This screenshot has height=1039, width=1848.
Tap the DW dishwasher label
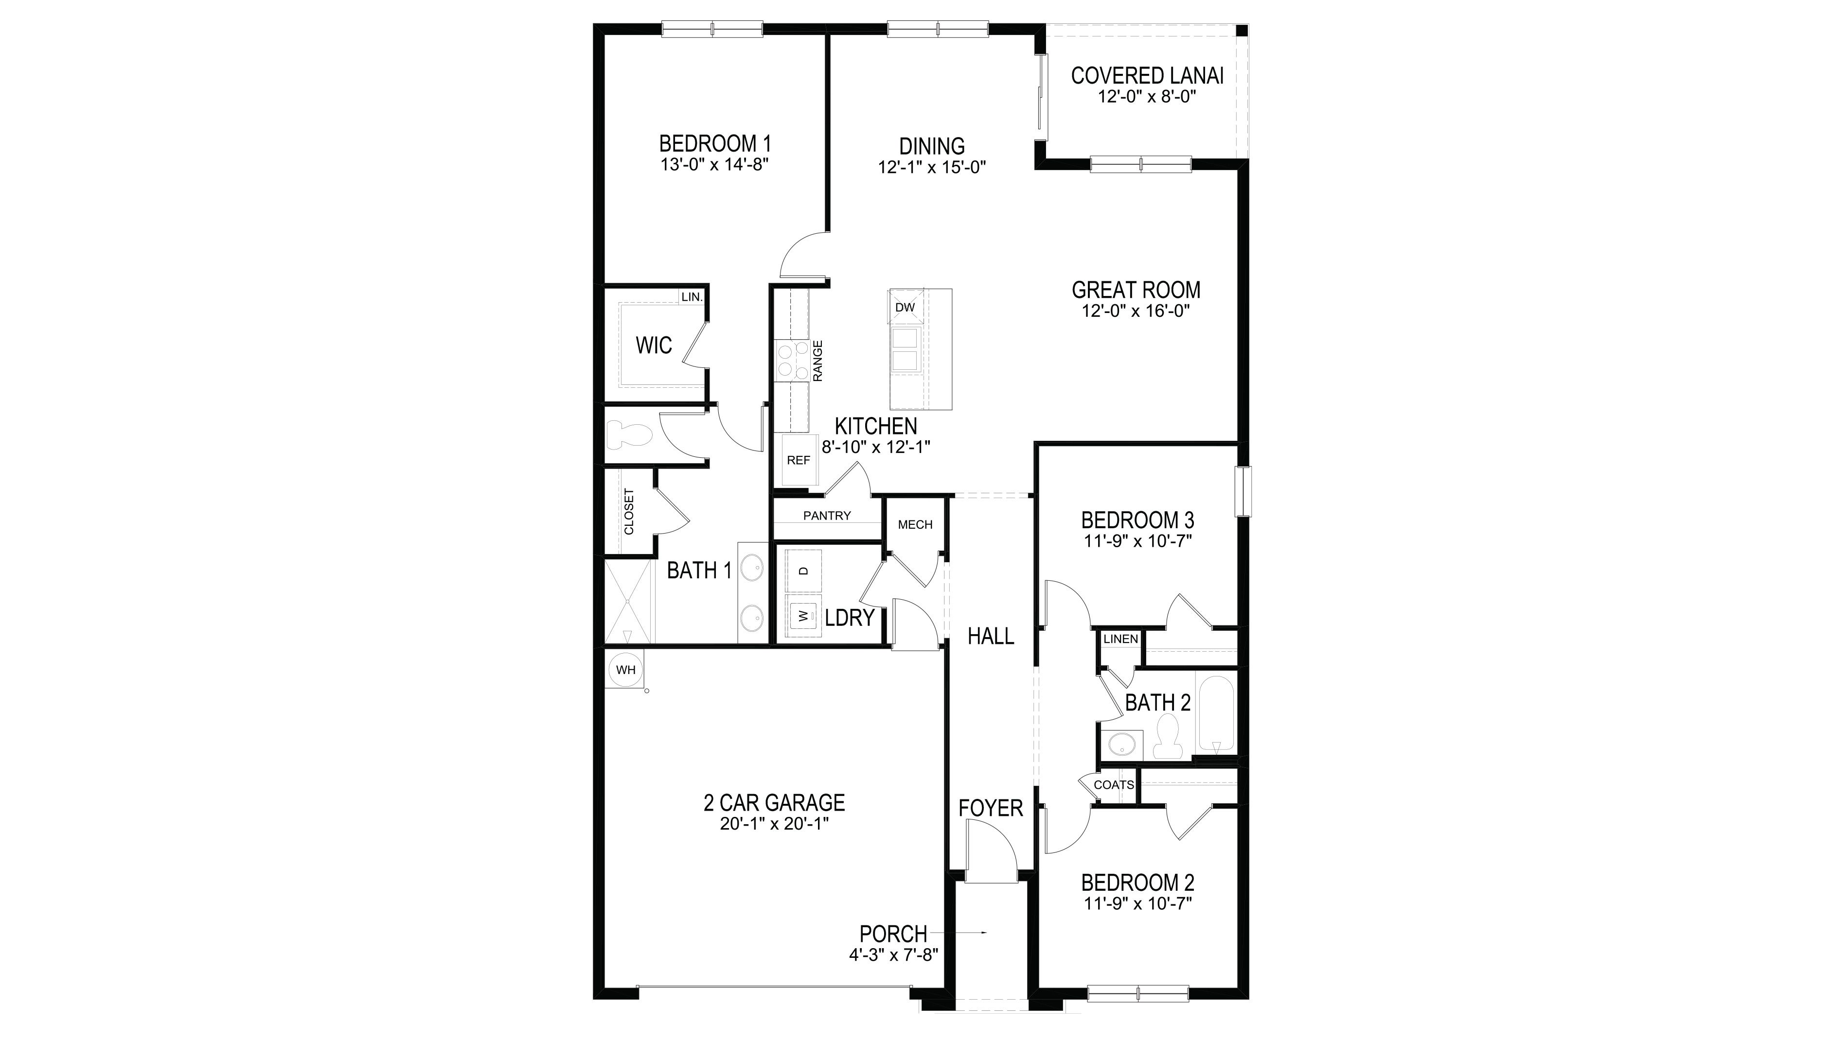(906, 308)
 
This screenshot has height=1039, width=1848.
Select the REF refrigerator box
(799, 460)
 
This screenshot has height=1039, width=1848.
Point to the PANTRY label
(827, 516)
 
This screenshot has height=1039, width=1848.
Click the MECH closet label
(915, 525)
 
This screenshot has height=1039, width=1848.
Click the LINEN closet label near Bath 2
(1120, 639)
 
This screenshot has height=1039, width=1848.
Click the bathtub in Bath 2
(1216, 713)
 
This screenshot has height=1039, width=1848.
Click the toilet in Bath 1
(628, 434)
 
